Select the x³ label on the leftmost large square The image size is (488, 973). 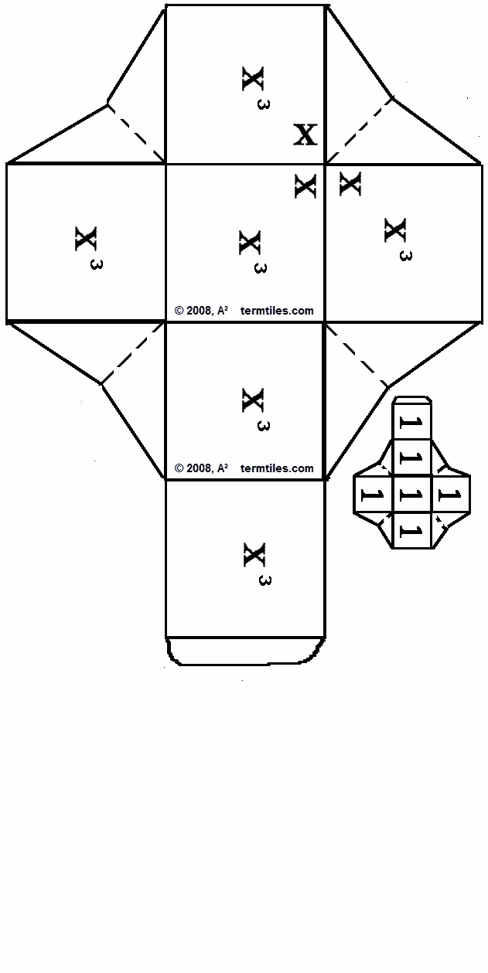click(88, 245)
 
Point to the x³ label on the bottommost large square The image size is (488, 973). click(257, 562)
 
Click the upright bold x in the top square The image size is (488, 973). click(305, 134)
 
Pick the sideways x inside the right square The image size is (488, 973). click(350, 183)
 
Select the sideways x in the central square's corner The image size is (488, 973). click(305, 185)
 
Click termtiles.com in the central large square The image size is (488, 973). click(277, 311)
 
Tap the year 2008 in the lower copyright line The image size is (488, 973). click(199, 468)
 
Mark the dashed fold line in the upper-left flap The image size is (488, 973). click(136, 132)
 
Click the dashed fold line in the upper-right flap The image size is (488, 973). click(360, 130)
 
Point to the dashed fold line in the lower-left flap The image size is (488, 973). click(132, 353)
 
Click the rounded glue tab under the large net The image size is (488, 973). click(244, 651)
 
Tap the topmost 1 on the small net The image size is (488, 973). click(411, 423)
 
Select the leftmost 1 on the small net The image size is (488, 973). click(372, 495)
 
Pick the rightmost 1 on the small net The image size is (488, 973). click(451, 495)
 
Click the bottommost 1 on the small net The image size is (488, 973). click(411, 531)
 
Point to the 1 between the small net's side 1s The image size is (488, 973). click(411, 495)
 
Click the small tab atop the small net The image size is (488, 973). click(412, 401)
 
